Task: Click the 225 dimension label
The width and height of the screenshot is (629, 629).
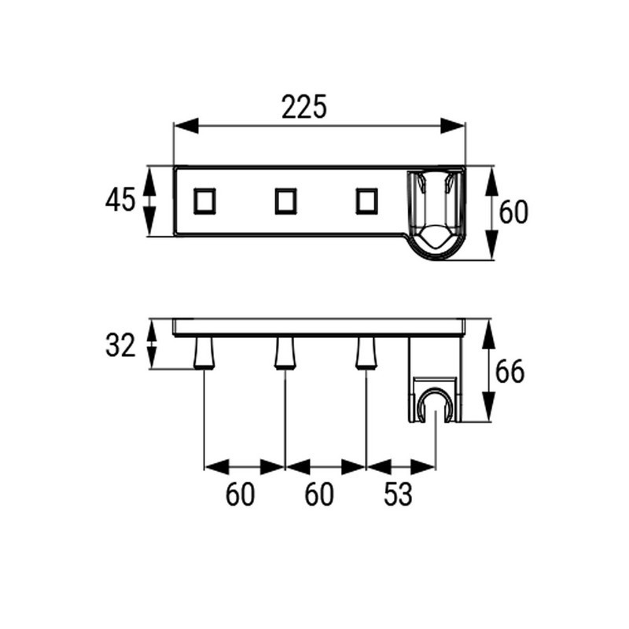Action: pyautogui.click(x=304, y=107)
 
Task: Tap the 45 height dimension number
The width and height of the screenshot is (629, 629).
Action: pyautogui.click(x=120, y=200)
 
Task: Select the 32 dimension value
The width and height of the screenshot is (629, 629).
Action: pyautogui.click(x=120, y=346)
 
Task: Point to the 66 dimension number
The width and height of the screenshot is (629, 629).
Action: pyautogui.click(x=509, y=372)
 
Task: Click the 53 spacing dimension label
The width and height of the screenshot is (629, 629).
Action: pyautogui.click(x=398, y=495)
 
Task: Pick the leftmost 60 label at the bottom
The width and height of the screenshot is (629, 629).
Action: pyautogui.click(x=240, y=495)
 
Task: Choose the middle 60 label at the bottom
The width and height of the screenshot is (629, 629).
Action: pyautogui.click(x=319, y=495)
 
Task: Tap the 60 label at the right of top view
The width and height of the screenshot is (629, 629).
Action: pyautogui.click(x=513, y=212)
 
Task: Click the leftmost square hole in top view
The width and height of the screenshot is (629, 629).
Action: pyautogui.click(x=204, y=201)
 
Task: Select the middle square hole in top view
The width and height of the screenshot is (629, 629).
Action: pyautogui.click(x=285, y=201)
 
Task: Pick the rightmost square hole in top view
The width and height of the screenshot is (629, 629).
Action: pyautogui.click(x=366, y=201)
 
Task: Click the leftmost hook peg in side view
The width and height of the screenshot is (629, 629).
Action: pyautogui.click(x=204, y=352)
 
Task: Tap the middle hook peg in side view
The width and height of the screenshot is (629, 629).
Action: pyautogui.click(x=285, y=352)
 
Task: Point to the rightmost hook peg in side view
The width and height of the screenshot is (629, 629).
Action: pyautogui.click(x=366, y=352)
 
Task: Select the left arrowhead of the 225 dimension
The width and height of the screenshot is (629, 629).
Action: pyautogui.click(x=186, y=126)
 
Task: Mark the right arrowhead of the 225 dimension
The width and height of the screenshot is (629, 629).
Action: pyautogui.click(x=453, y=126)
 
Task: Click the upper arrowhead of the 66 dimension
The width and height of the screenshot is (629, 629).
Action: pyautogui.click(x=490, y=335)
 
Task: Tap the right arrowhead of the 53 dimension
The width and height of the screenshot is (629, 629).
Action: pyautogui.click(x=423, y=467)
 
